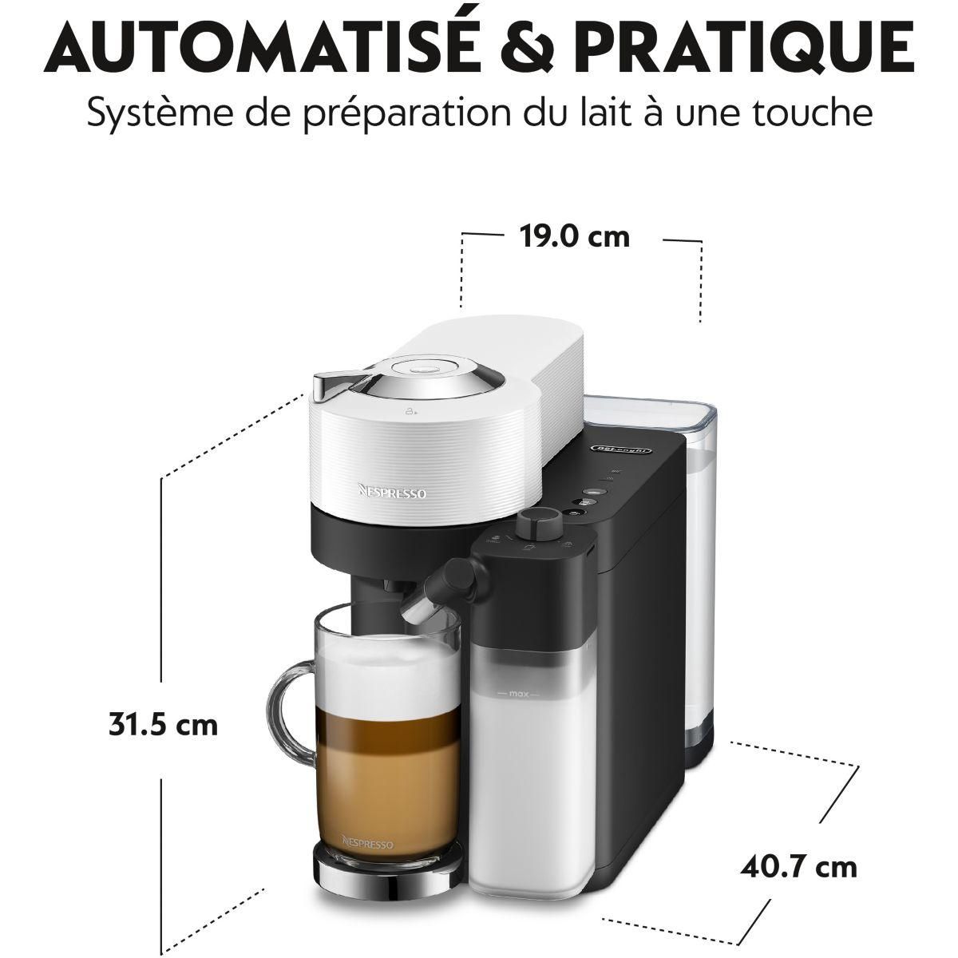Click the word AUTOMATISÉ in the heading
coord(232,44)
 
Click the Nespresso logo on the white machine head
coord(390,493)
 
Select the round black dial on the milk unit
coord(536,524)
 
